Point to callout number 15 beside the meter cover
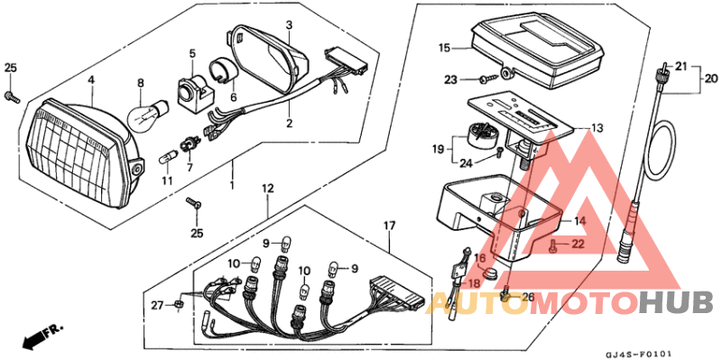[x=444, y=47]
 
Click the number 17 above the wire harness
[x=389, y=225]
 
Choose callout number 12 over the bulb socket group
[x=267, y=189]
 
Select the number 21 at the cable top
[x=681, y=67]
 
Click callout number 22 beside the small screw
[x=579, y=245]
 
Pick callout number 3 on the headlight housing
[x=288, y=23]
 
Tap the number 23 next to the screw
[x=451, y=80]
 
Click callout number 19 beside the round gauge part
[x=437, y=148]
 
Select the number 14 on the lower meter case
[x=579, y=220]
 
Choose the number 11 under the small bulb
[x=166, y=180]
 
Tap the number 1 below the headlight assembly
[x=232, y=183]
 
